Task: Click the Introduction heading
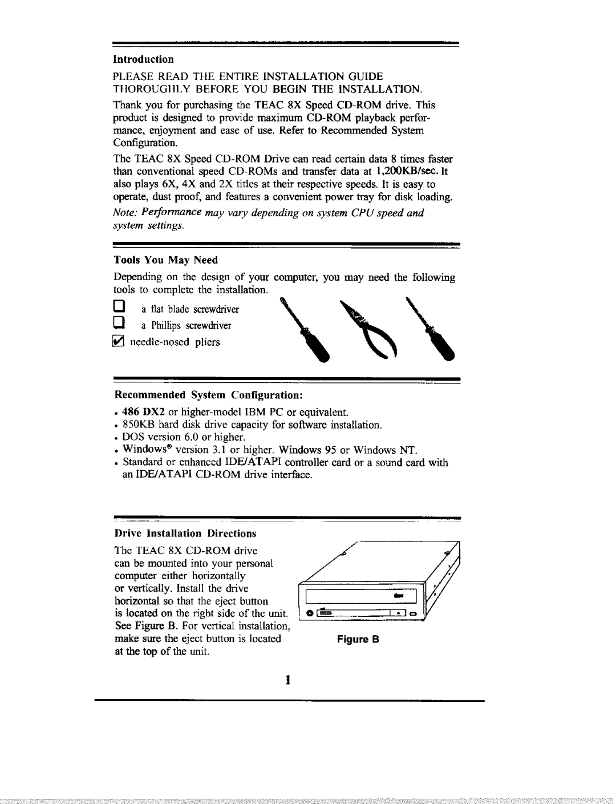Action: click(143, 59)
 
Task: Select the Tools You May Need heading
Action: click(166, 260)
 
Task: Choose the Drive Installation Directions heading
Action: click(186, 534)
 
